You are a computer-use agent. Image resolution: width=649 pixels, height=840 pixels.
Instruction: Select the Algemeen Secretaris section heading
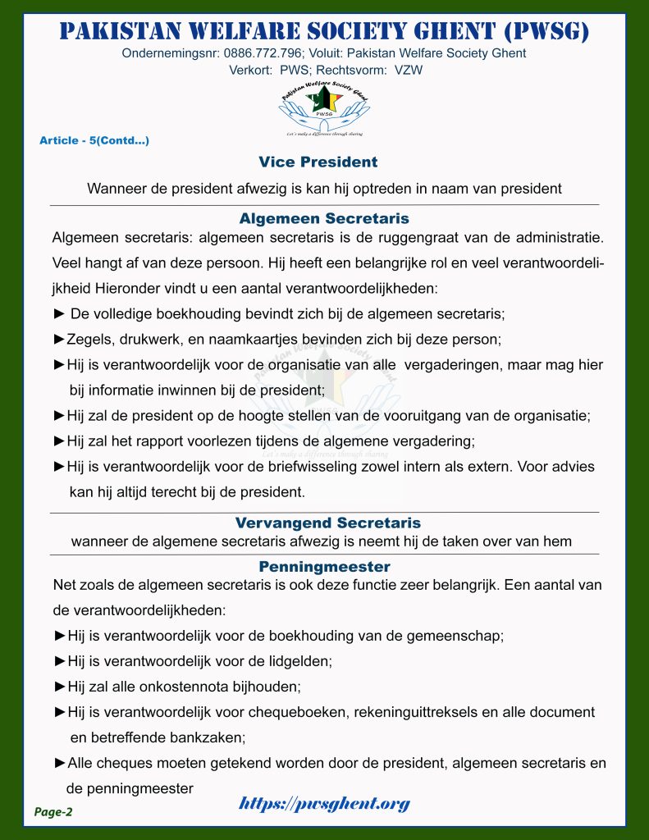click(324, 219)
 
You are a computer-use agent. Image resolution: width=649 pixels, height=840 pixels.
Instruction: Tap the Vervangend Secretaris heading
click(327, 523)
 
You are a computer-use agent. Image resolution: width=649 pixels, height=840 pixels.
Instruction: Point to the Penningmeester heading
click(324, 567)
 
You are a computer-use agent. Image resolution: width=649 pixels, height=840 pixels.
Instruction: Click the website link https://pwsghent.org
click(324, 804)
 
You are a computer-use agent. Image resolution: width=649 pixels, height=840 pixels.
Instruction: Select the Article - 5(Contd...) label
click(94, 140)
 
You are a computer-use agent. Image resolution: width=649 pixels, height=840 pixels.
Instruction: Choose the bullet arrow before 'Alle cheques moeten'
click(59, 763)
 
